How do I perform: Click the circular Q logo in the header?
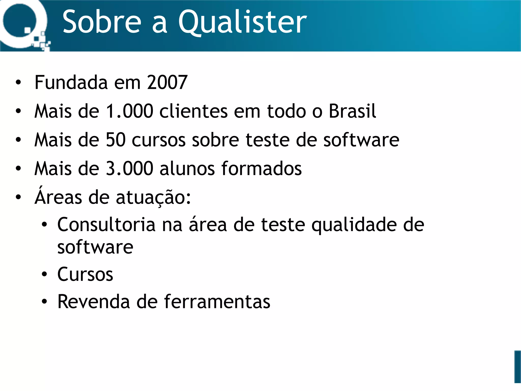click(22, 24)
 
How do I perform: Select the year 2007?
click(167, 82)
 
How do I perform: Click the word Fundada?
click(71, 82)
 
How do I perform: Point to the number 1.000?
click(129, 111)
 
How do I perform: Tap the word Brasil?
click(352, 111)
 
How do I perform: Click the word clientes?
click(194, 111)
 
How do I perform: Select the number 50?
click(116, 140)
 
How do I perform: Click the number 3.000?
click(129, 169)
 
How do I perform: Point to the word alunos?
click(187, 169)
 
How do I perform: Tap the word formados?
click(262, 169)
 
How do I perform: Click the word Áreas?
click(58, 197)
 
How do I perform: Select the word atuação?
click(153, 198)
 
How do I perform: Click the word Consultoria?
click(106, 225)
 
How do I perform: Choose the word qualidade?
click(354, 225)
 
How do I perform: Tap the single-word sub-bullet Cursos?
click(85, 274)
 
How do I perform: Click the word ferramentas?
click(217, 302)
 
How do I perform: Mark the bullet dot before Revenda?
click(45, 302)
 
